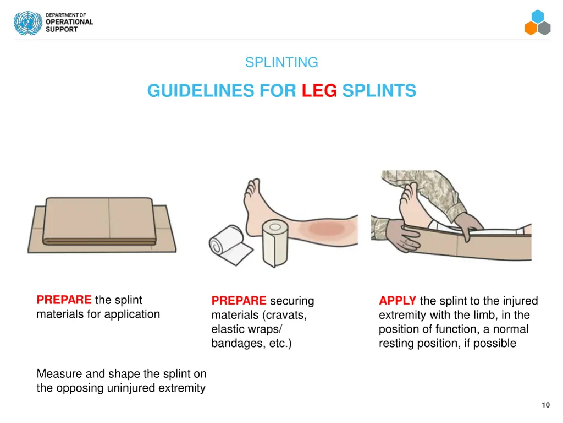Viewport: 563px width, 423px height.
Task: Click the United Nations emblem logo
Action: coord(27,23)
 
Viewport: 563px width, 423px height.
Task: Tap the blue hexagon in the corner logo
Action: coord(538,16)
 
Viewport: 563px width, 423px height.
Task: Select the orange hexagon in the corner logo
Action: coord(531,28)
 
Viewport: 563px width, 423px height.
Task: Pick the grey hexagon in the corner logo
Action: coord(544,28)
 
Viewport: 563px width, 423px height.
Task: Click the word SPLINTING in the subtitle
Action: coord(281,62)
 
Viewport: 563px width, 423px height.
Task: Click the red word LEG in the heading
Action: coord(319,91)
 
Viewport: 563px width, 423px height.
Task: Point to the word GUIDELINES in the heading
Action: coord(201,91)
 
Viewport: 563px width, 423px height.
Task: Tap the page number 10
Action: coord(546,405)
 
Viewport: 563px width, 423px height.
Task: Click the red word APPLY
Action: coord(397,301)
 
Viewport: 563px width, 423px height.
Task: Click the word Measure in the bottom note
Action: coord(59,374)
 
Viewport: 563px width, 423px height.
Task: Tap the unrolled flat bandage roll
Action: coord(231,245)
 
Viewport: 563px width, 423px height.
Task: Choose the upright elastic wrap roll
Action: coord(275,243)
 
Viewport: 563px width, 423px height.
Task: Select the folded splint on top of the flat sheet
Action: coord(99,221)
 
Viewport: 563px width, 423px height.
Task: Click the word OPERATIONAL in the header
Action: coord(69,22)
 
